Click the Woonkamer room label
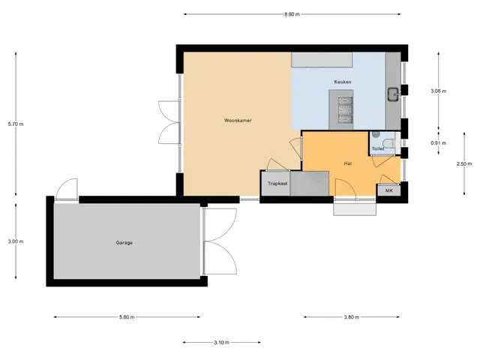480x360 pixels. coord(238,120)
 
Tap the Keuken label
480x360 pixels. coord(343,82)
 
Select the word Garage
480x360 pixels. coord(124,243)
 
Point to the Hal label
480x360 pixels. coord(348,163)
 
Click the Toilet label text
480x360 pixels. coord(378,148)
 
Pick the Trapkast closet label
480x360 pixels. coord(277,184)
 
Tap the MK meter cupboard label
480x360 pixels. coord(388,190)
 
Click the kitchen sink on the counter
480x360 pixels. coord(393,94)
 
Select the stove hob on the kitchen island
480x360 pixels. coord(345,109)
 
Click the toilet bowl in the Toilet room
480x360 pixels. coord(390,143)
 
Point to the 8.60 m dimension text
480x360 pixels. coord(292,14)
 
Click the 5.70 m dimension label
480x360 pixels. coord(16,124)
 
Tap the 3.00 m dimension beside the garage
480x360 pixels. coord(16,241)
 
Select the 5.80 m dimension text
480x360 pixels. coord(127,317)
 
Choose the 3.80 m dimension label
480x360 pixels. coord(352,317)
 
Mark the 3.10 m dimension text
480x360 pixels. coord(222,343)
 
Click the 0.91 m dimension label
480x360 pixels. coord(438,143)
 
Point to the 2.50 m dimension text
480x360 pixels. coord(464,163)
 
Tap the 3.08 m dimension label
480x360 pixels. coord(438,91)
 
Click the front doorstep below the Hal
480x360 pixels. coord(355,209)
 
